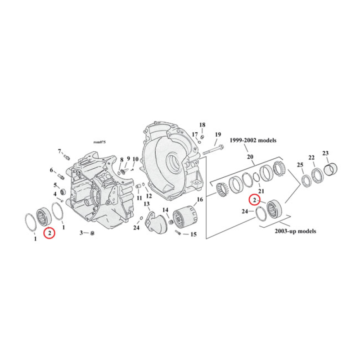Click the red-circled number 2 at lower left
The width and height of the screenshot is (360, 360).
click(x=49, y=233)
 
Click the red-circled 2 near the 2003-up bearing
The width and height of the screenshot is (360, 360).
click(x=254, y=199)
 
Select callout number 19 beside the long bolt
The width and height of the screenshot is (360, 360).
click(x=218, y=135)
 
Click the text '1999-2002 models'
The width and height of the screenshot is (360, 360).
click(x=253, y=140)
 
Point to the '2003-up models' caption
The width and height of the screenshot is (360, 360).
click(x=295, y=231)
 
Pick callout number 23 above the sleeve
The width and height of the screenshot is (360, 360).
click(x=325, y=153)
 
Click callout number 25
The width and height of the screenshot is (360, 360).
click(x=300, y=165)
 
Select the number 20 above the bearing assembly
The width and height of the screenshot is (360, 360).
click(x=250, y=157)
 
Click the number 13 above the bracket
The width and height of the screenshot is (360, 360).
click(x=147, y=204)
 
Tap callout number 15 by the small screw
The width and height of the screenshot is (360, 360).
click(x=193, y=234)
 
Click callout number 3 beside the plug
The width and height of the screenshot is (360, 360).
click(x=81, y=233)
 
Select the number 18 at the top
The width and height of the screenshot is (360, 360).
click(x=202, y=125)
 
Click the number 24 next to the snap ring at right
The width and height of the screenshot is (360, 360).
click(x=245, y=211)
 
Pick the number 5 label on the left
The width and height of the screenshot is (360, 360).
click(x=56, y=185)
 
